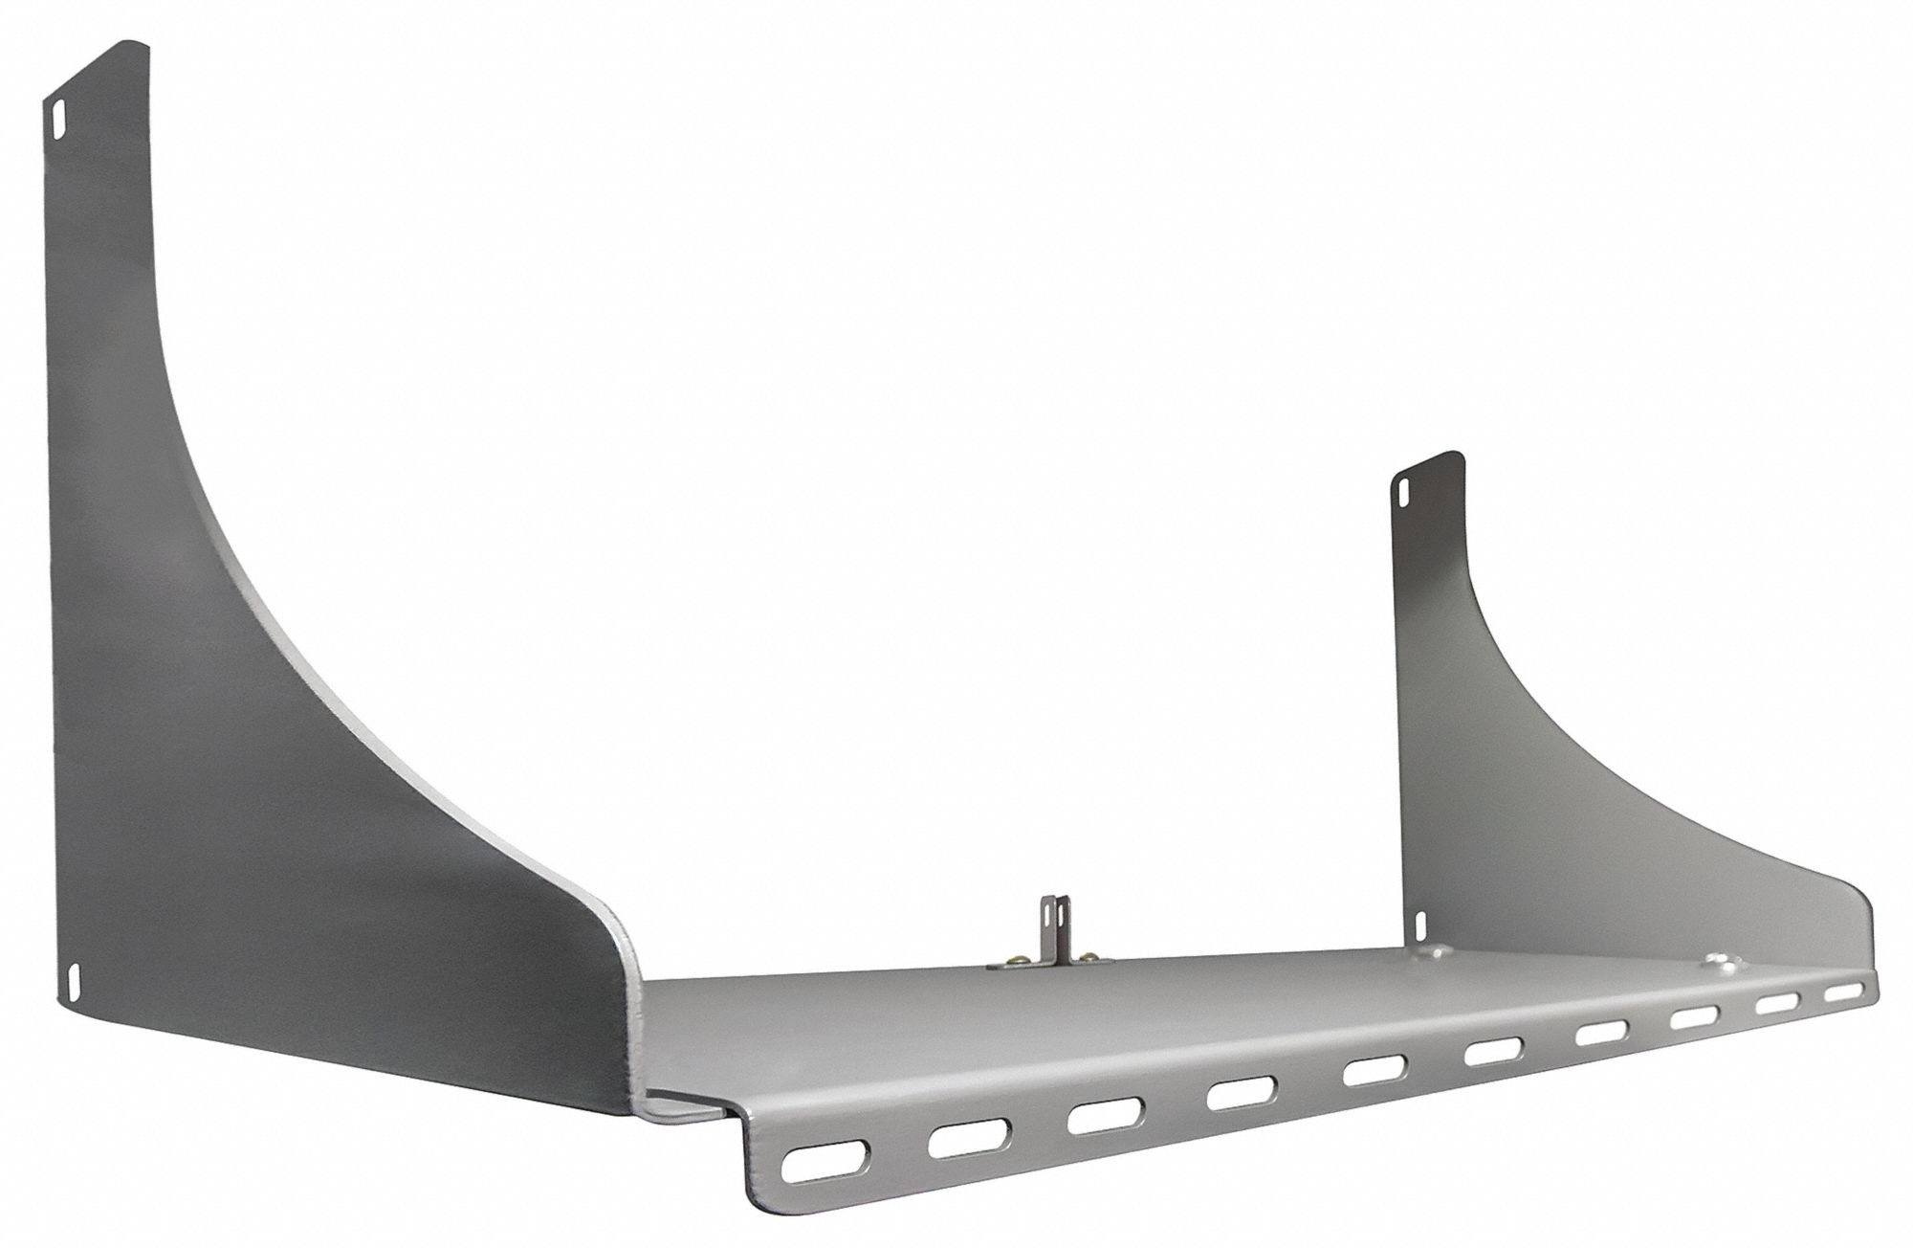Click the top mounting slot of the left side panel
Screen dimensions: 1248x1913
[55, 122]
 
